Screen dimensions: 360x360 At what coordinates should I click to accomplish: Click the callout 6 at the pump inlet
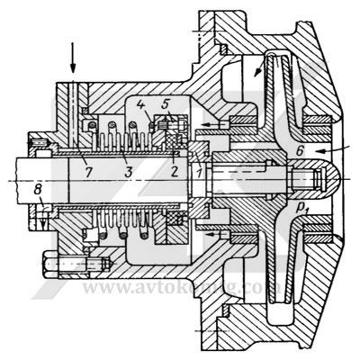(309, 156)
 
